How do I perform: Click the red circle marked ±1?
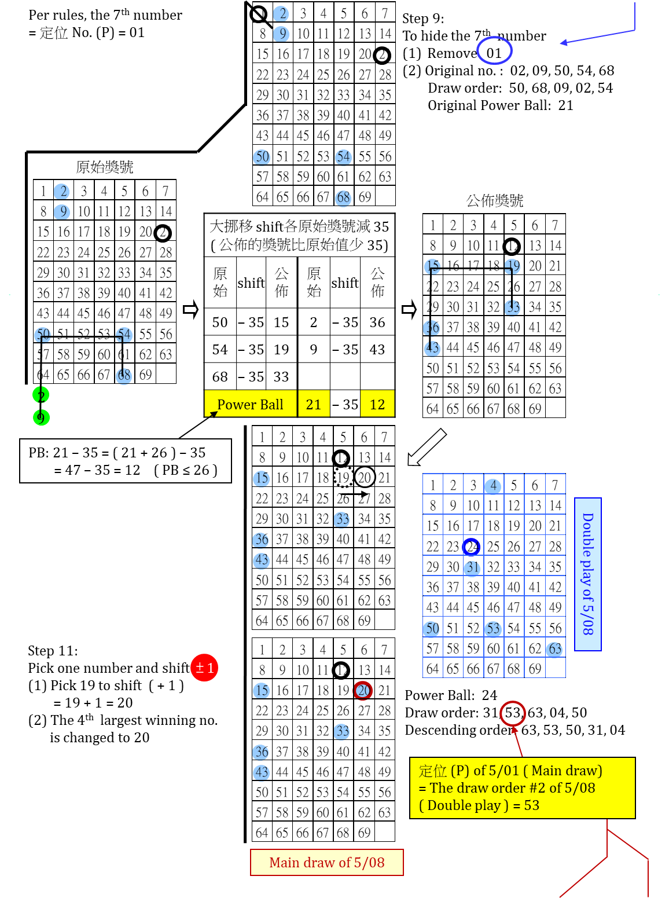pyautogui.click(x=204, y=668)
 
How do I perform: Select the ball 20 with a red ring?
pyautogui.click(x=363, y=690)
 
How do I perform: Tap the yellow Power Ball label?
pyautogui.click(x=251, y=404)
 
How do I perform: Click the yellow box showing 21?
pyautogui.click(x=314, y=404)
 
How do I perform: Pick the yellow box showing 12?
pyautogui.click(x=377, y=404)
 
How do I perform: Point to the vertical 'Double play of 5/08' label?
pyautogui.click(x=587, y=574)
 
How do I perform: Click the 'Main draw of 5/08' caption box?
pyautogui.click(x=326, y=862)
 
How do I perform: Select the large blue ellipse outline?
pyautogui.click(x=494, y=50)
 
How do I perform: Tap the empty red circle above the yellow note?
pyautogui.click(x=513, y=713)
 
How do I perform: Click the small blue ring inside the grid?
pyautogui.click(x=471, y=547)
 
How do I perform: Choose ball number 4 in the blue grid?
pyautogui.click(x=492, y=486)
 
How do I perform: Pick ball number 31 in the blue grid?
pyautogui.click(x=472, y=568)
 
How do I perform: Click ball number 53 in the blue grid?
pyautogui.click(x=492, y=629)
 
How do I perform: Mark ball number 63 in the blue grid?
pyautogui.click(x=554, y=650)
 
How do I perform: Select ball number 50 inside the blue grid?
pyautogui.click(x=431, y=629)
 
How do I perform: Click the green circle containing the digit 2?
pyautogui.click(x=41, y=395)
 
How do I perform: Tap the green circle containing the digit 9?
pyautogui.click(x=41, y=417)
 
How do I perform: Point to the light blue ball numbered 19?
pyautogui.click(x=512, y=267)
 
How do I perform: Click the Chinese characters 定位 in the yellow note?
pyautogui.click(x=433, y=771)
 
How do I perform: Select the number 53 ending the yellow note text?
pyautogui.click(x=532, y=805)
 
